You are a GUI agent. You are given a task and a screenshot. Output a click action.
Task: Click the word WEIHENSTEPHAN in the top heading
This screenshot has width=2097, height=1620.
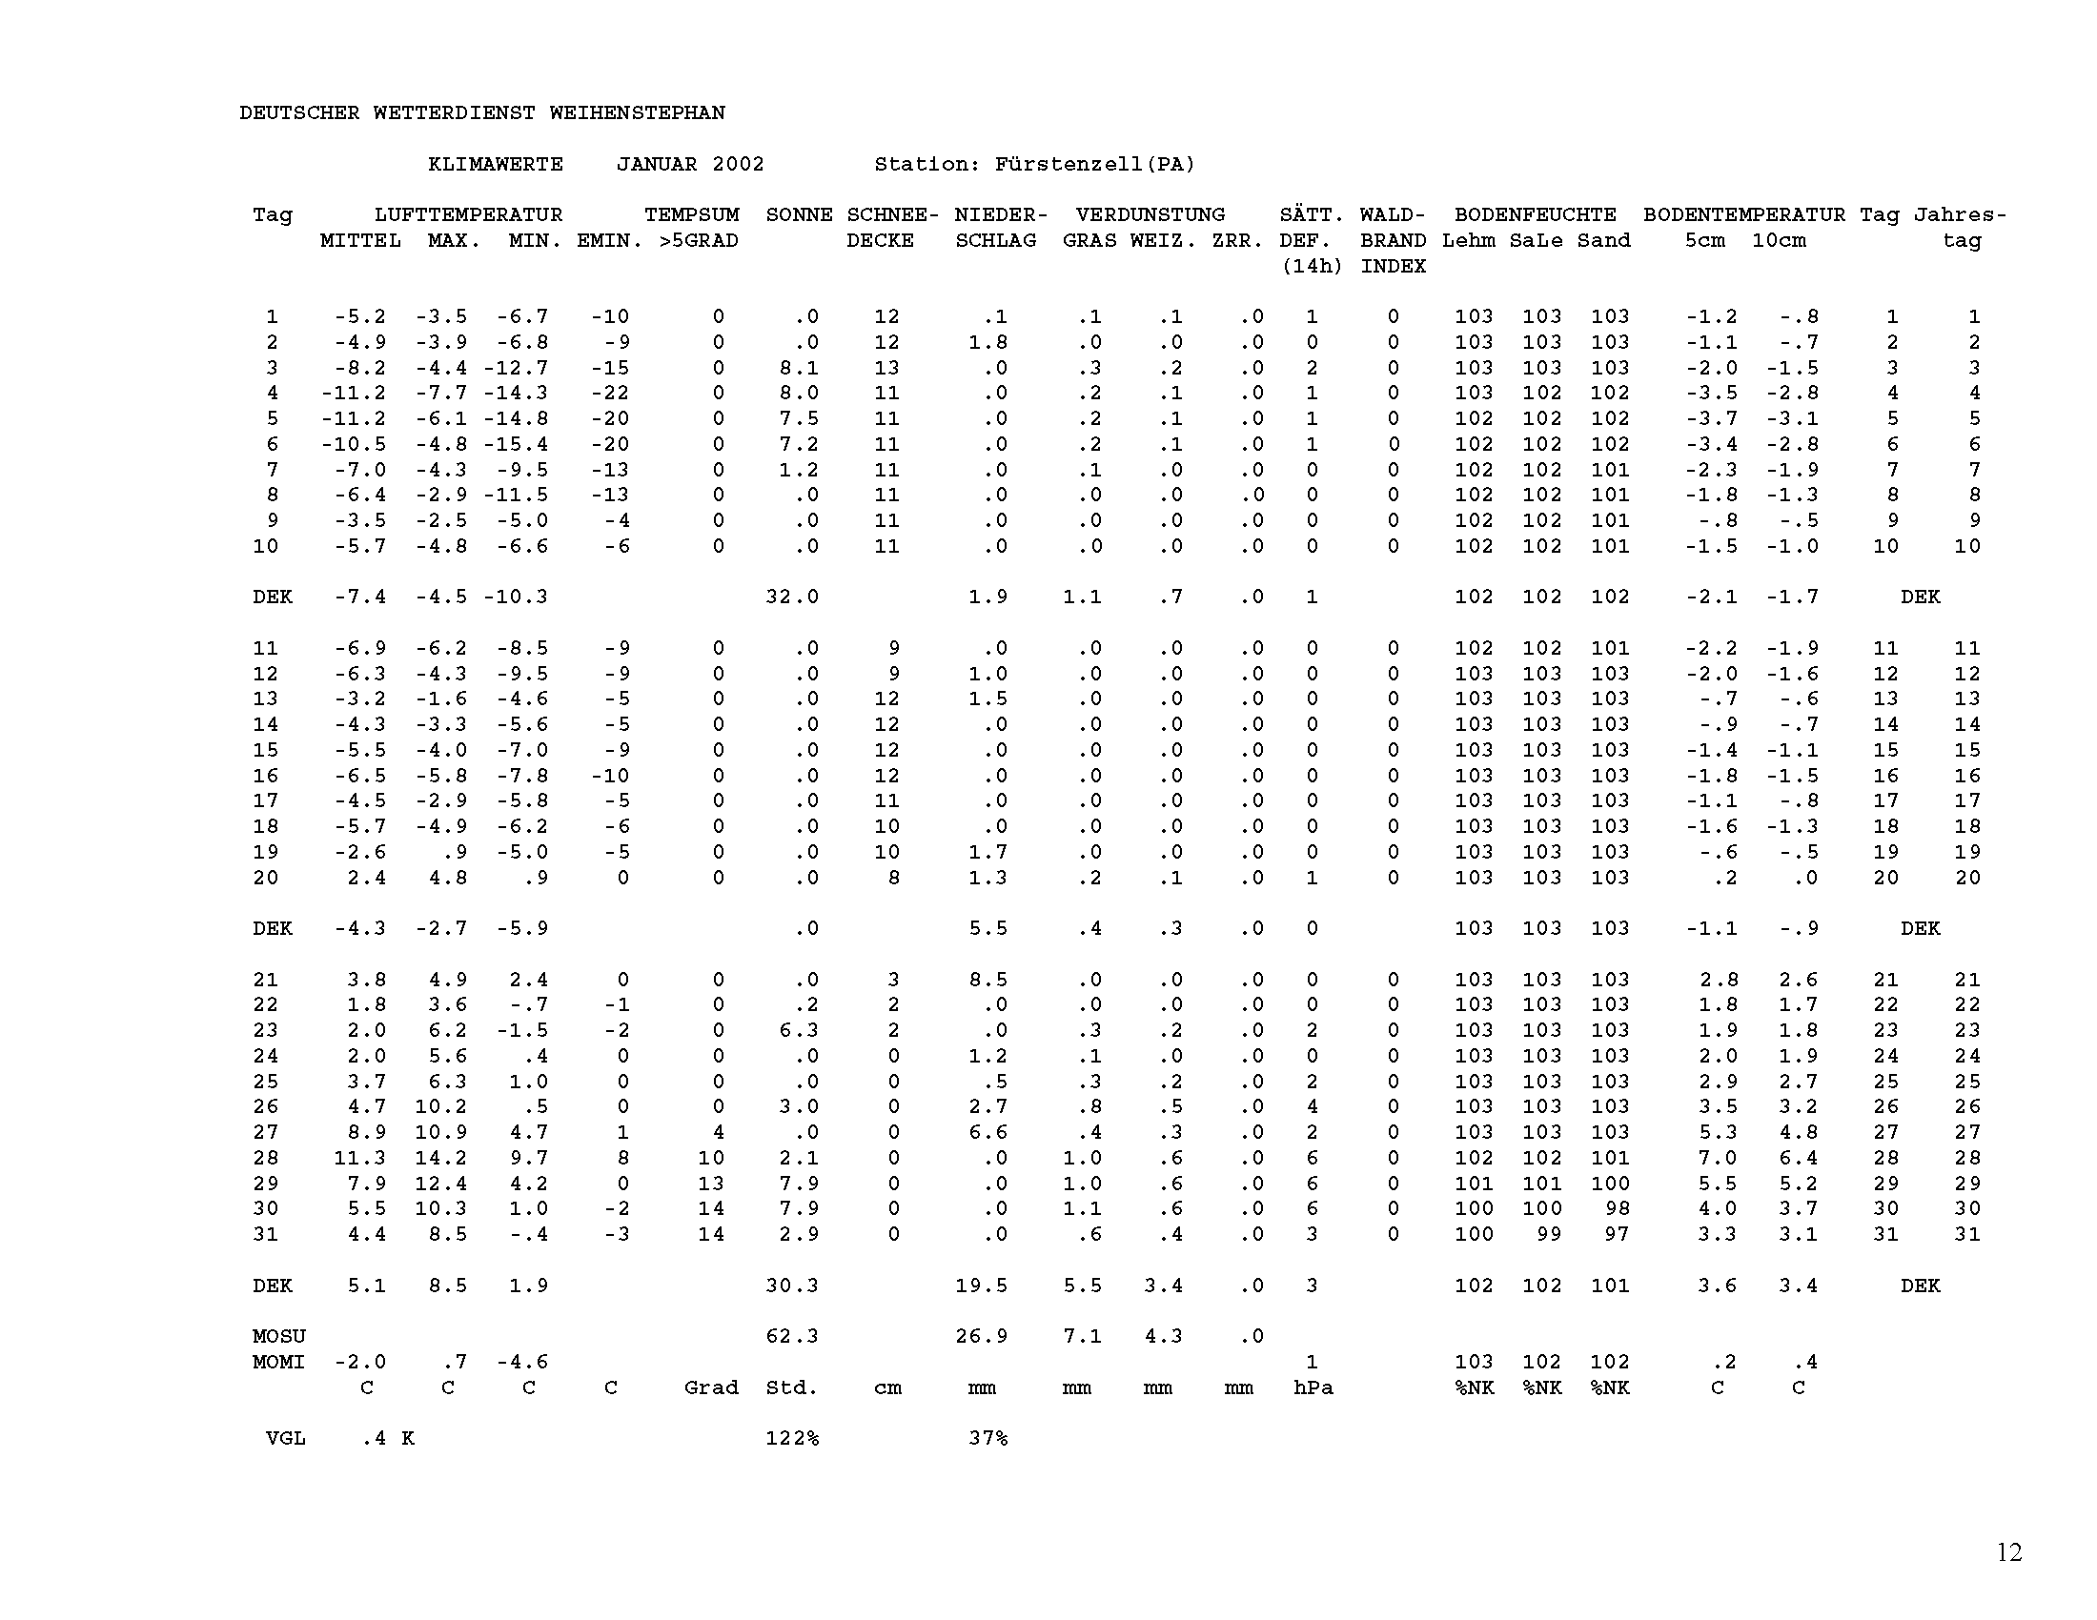point(637,113)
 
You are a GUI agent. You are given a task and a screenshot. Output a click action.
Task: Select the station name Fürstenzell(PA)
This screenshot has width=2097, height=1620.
point(1094,164)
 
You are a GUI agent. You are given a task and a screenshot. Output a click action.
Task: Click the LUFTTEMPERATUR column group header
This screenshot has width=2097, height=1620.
point(469,215)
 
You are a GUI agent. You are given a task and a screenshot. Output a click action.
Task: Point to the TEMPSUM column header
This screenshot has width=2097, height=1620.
point(691,215)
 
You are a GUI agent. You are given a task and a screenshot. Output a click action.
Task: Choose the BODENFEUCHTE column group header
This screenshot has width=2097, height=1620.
point(1536,215)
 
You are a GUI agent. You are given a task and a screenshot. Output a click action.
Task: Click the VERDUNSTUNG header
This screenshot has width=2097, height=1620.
point(1150,215)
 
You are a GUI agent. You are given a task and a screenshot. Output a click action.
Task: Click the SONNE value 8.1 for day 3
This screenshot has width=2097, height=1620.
point(799,368)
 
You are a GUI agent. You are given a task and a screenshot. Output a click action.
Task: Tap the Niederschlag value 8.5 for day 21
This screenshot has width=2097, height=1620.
point(988,980)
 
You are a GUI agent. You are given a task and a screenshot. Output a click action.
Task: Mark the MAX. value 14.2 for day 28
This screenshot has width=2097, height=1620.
point(440,1159)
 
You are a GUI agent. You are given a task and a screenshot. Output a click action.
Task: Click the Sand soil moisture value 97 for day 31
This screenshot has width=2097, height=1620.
point(1617,1234)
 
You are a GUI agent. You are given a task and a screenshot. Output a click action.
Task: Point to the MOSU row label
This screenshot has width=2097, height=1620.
point(279,1337)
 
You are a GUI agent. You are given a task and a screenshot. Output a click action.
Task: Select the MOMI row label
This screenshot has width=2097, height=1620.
point(279,1362)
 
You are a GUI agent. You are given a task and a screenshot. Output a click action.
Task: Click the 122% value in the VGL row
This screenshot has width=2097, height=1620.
point(792,1439)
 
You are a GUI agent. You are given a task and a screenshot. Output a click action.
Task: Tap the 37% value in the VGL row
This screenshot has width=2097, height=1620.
point(988,1439)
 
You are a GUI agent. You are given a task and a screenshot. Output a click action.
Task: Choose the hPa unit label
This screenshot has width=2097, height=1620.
point(1313,1387)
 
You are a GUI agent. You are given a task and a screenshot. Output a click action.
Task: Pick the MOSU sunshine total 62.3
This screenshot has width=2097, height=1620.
point(792,1337)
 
